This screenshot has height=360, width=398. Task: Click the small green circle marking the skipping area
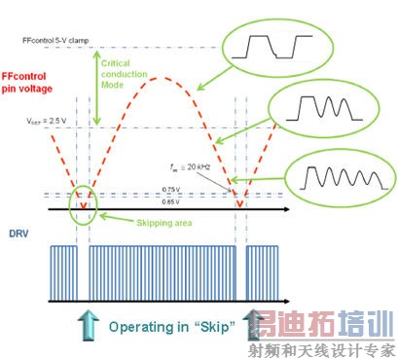coord(82,203)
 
